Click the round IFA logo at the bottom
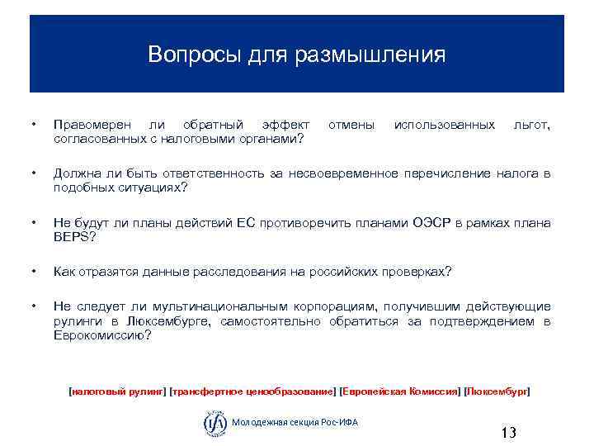tap(214, 422)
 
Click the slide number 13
tap(508, 433)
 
